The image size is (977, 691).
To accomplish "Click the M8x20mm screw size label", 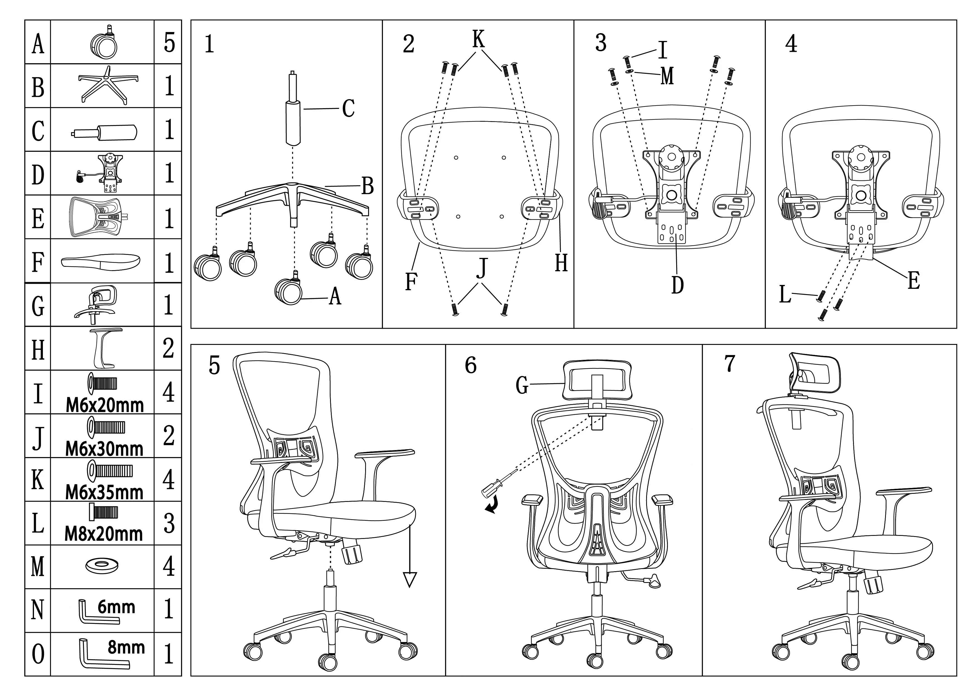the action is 104,534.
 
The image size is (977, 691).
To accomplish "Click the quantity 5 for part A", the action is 169,43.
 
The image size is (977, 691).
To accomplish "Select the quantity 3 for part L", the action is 169,523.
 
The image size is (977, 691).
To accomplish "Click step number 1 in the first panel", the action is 209,44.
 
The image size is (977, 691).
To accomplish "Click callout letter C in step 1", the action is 348,109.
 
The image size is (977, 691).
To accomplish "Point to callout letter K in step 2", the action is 478,39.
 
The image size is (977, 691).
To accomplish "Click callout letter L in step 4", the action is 785,294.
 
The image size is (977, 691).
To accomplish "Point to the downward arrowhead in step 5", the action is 409,580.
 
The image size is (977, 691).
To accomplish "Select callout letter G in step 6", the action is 522,385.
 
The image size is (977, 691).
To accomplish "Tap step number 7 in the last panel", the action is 729,363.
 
